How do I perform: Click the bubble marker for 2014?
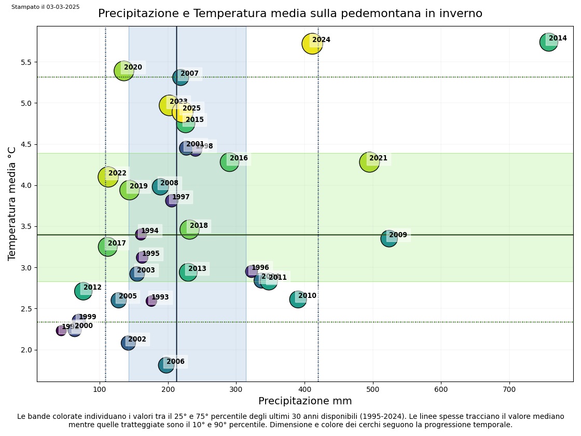coord(548,42)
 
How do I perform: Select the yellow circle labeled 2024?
coord(312,44)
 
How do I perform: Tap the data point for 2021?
coord(369,162)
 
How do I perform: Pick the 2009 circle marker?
coord(389,238)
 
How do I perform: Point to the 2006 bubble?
coord(166,364)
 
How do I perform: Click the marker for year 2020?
coord(123,71)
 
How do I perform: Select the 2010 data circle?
coord(298,299)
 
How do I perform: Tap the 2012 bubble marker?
coord(83,291)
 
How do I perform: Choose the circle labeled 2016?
coord(229,162)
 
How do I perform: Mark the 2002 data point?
coord(128,343)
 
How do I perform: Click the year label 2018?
coord(199,226)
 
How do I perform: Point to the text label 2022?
coord(117,173)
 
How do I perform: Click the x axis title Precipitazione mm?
coord(305,401)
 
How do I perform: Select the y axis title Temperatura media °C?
coord(12,203)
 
